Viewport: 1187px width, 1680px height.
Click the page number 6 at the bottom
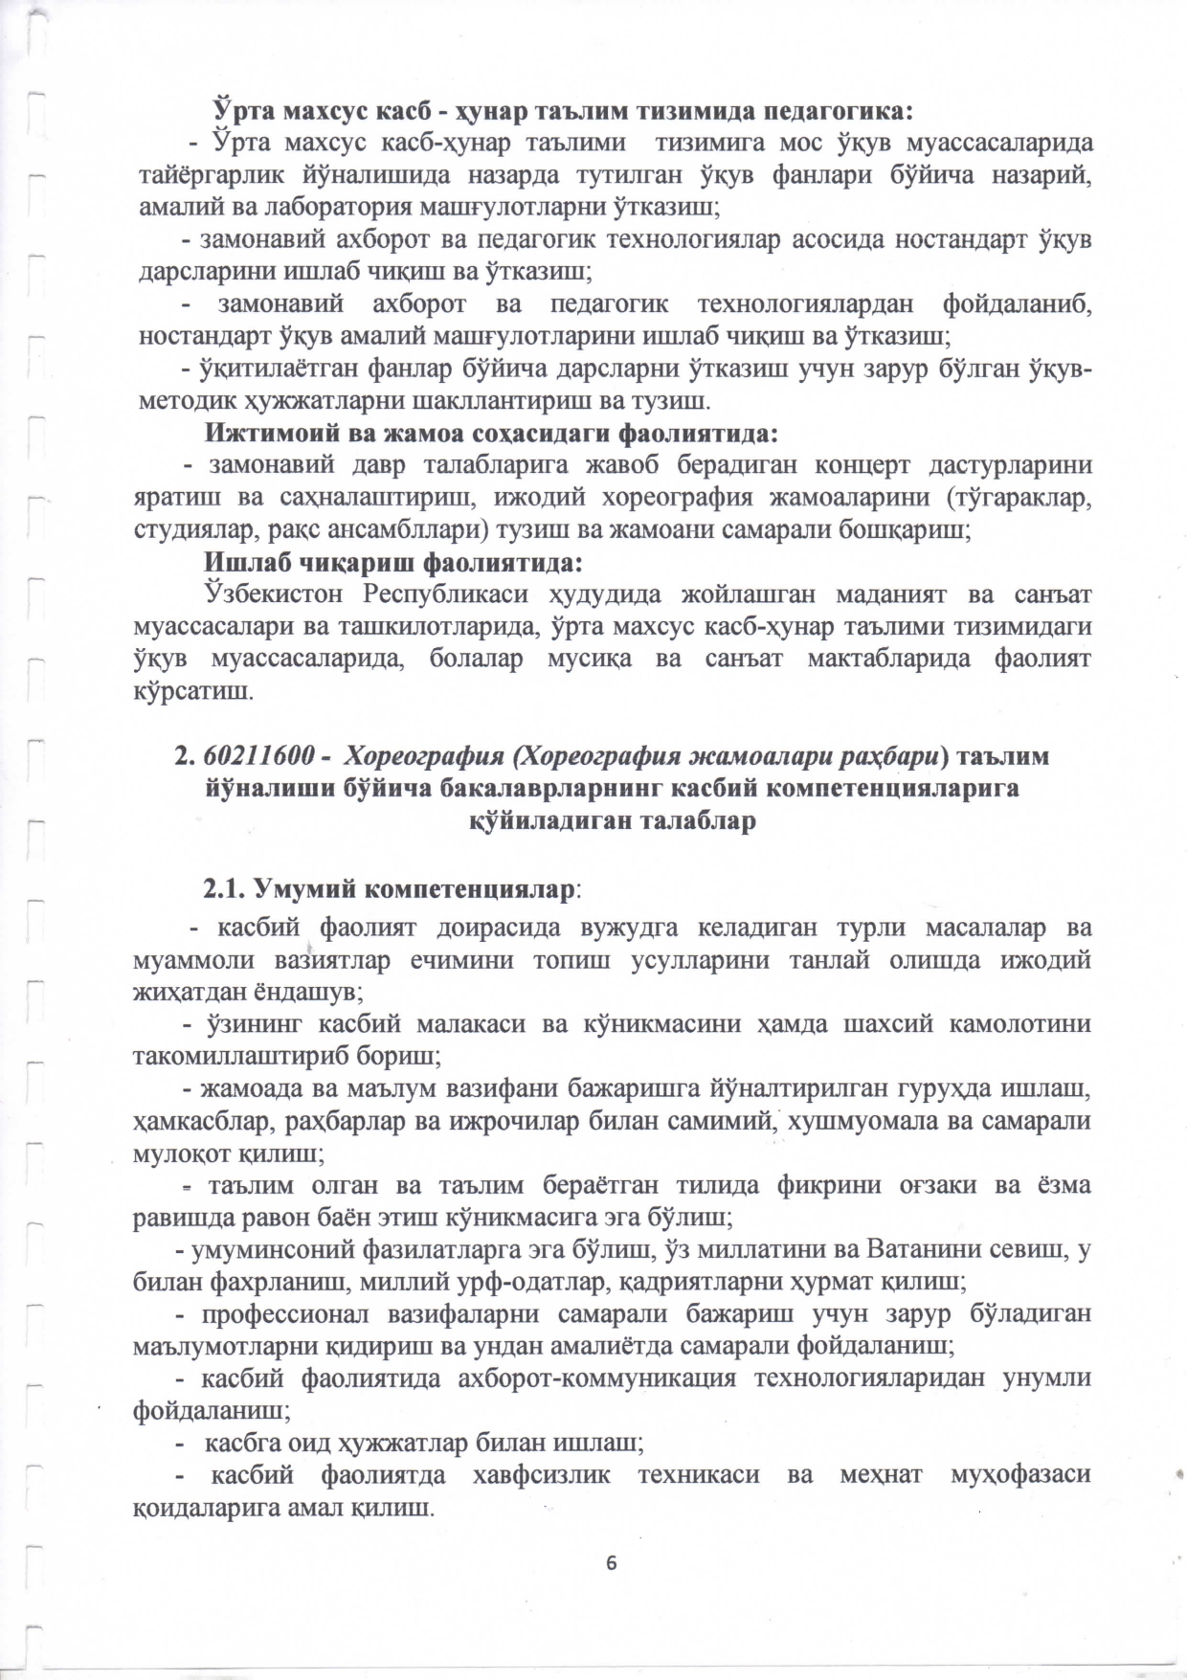point(612,1563)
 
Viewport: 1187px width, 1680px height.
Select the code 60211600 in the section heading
point(256,756)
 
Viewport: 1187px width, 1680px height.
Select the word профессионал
point(283,1313)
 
